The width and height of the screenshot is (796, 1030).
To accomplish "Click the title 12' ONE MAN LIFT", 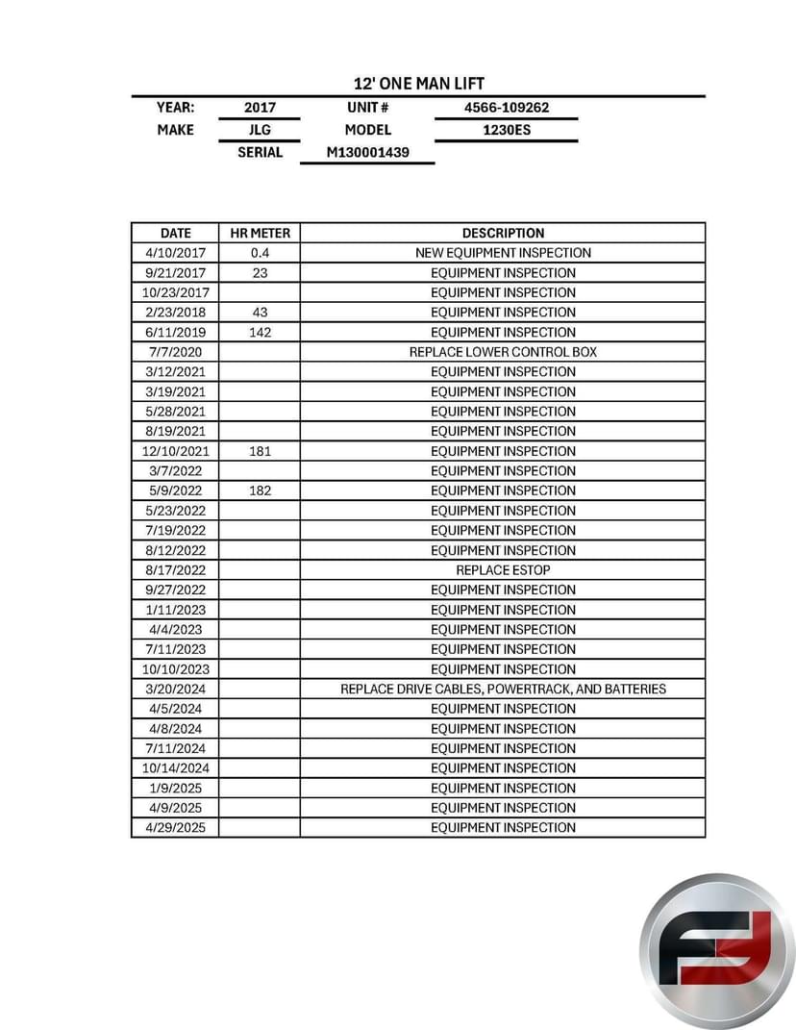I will (x=418, y=84).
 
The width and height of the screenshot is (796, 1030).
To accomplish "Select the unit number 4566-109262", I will (x=507, y=108).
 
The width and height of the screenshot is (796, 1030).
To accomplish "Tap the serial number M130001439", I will (x=367, y=152).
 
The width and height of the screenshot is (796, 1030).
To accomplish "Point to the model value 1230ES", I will (x=507, y=130).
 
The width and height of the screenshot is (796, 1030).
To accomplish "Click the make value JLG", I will (x=260, y=130).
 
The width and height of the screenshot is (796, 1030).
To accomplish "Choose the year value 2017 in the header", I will (x=260, y=108).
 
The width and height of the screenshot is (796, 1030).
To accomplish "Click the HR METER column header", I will (x=260, y=233).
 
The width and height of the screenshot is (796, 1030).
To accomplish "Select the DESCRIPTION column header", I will (x=503, y=233).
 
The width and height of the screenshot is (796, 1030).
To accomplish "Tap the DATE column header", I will (x=175, y=233).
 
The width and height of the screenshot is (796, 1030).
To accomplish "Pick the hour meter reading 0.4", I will (x=260, y=253).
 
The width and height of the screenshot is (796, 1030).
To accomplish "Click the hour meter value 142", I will (x=260, y=332).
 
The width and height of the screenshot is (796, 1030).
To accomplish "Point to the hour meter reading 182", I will (x=260, y=490).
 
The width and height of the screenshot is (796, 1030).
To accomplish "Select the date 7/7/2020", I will (x=175, y=352).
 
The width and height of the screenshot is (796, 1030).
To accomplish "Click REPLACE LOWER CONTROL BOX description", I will (x=503, y=352).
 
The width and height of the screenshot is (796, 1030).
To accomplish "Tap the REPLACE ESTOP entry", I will (x=503, y=569).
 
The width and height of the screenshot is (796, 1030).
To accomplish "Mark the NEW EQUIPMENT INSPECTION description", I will (x=503, y=253).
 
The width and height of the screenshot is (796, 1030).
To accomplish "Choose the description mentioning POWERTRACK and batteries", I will (x=503, y=689).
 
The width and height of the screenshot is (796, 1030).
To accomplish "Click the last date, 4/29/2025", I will (x=175, y=827).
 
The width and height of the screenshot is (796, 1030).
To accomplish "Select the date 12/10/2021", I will (x=175, y=451).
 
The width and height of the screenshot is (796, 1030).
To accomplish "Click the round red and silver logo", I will (x=717, y=950).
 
